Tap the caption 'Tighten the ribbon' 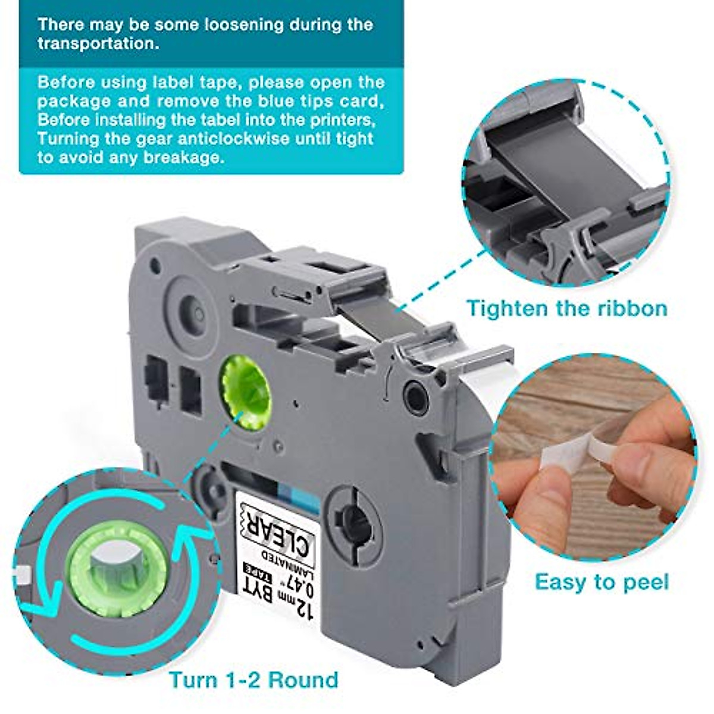pos(566,308)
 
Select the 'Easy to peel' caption pos(602,581)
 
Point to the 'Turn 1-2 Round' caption pos(253,679)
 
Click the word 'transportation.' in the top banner pos(98,44)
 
